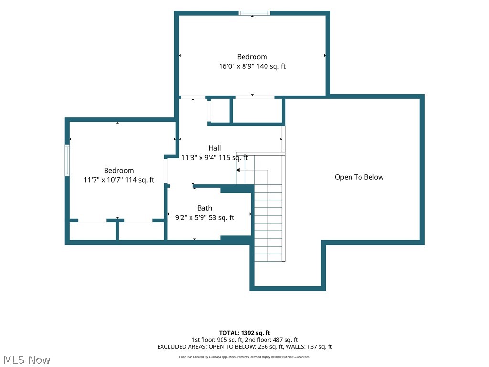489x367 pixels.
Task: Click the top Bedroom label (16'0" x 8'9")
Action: pos(252,57)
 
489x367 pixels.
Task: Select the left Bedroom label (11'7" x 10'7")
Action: pos(119,171)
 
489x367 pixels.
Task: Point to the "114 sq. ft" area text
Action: pos(139,180)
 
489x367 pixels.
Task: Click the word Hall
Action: pos(214,148)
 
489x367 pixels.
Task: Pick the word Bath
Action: pos(204,208)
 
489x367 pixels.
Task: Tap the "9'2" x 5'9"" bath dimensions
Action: pos(191,217)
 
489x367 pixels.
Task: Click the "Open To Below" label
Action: pos(359,177)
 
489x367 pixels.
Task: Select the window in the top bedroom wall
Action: pos(254,13)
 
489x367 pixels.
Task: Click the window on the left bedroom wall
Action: pos(67,161)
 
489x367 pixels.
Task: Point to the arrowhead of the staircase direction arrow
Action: pos(238,170)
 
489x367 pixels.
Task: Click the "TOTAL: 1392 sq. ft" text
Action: pos(244,333)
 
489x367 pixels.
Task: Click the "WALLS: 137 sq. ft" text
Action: pos(309,347)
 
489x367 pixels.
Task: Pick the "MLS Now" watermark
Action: pos(27,360)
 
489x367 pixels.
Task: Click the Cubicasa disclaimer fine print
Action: pos(244,357)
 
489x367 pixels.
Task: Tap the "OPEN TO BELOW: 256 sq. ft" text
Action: pos(246,347)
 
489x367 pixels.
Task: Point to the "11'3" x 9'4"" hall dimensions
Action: pos(199,157)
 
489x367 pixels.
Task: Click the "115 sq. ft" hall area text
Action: pos(233,157)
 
